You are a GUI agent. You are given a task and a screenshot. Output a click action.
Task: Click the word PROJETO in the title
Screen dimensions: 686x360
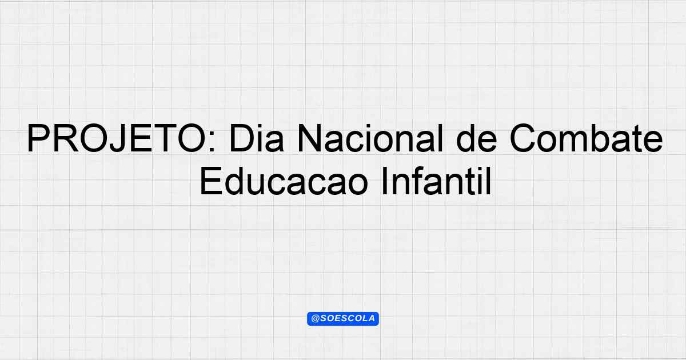point(117,138)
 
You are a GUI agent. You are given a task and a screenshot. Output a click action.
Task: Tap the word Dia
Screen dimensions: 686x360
point(257,138)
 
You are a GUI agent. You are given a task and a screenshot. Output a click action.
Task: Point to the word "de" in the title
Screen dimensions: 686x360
point(476,138)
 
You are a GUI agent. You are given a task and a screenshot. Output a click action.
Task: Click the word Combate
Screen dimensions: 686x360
point(586,138)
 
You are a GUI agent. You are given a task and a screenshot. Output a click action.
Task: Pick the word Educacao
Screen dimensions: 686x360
point(284,181)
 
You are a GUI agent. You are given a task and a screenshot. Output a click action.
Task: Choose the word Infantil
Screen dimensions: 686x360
point(436,181)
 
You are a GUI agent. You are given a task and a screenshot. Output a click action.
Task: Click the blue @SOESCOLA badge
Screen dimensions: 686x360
point(343,319)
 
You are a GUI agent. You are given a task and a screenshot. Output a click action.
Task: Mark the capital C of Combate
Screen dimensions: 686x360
point(523,138)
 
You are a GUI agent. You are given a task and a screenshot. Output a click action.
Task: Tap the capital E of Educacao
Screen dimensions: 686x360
point(211,181)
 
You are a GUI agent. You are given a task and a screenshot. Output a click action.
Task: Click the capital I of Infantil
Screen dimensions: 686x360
point(384,181)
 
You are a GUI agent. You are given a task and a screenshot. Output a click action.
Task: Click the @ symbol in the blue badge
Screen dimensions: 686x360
point(316,319)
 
